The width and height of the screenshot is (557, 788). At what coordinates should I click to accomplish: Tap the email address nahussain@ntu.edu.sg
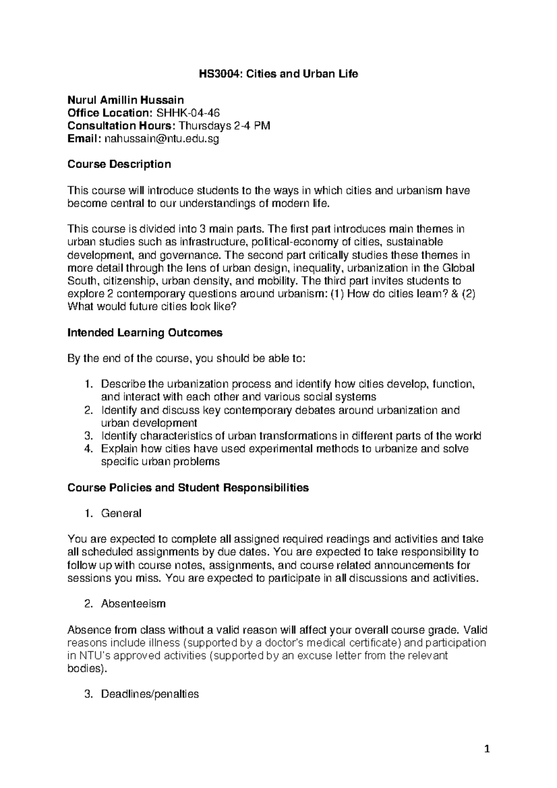(161, 138)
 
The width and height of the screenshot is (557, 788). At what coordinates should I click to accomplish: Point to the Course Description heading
(119, 164)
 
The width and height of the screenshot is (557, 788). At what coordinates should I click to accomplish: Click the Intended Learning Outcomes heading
(145, 333)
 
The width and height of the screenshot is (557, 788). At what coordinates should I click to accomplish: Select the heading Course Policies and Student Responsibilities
(188, 488)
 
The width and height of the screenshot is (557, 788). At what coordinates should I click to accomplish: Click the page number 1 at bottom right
(487, 749)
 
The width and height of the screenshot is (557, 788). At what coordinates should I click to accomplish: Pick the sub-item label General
(121, 513)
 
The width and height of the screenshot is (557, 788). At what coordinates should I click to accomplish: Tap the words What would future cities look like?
(152, 307)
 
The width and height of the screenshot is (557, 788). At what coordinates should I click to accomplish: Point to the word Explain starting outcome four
(119, 449)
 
